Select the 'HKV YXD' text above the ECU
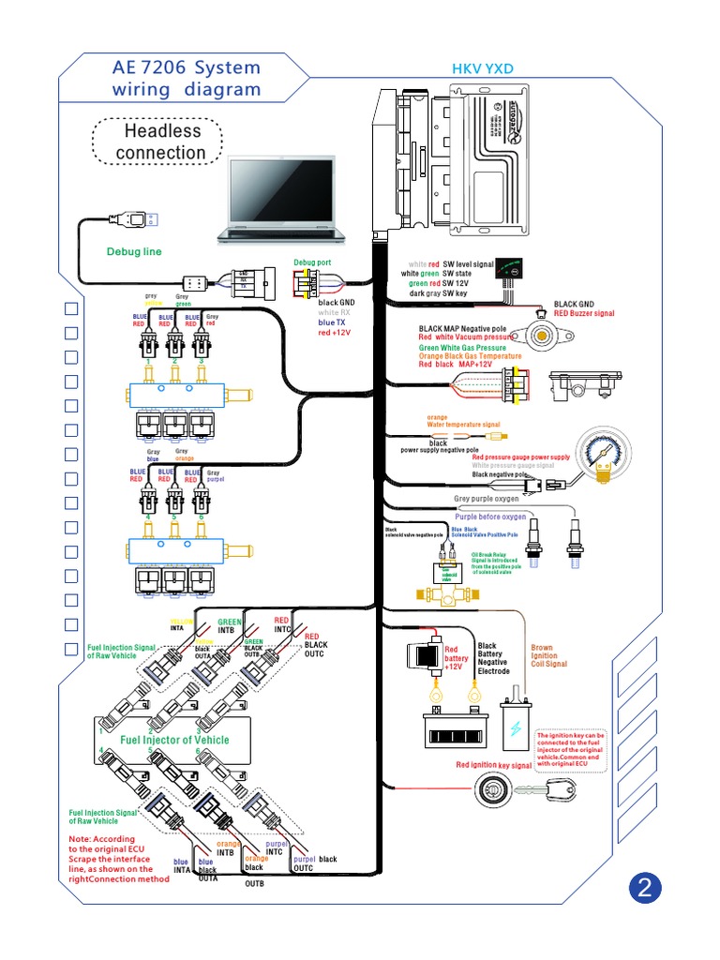(484, 69)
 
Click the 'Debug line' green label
(133, 251)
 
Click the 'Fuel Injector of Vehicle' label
(174, 740)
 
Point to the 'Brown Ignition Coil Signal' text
(548, 655)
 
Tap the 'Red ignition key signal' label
(493, 765)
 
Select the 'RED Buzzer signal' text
(583, 313)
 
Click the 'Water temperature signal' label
(463, 425)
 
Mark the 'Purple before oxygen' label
(490, 517)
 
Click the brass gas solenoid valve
(444, 589)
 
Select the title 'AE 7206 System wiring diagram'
(187, 80)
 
